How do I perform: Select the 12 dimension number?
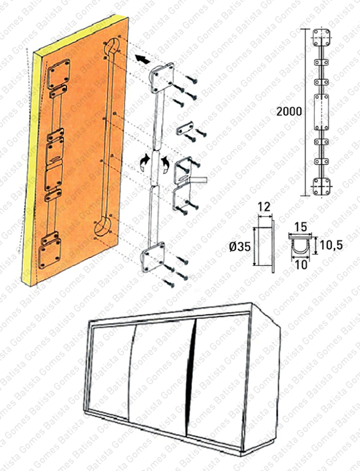(264, 207)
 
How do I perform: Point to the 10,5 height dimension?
(329, 244)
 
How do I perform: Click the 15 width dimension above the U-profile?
(301, 227)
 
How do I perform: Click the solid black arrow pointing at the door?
(142, 58)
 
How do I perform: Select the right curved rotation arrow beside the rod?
(165, 163)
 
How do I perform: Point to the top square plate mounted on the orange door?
(59, 73)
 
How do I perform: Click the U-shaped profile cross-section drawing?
(301, 246)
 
